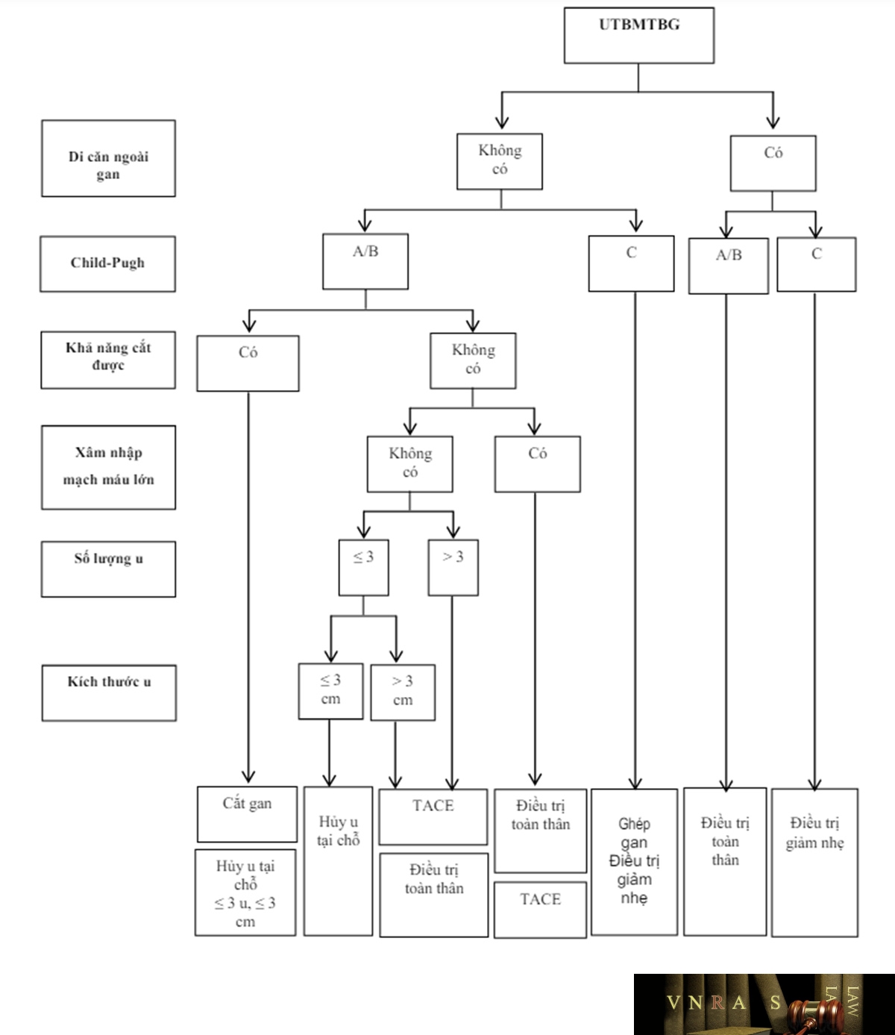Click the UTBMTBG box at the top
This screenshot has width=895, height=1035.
tap(638, 35)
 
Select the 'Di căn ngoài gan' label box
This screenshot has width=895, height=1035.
tap(108, 158)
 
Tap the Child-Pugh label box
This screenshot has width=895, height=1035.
tap(107, 264)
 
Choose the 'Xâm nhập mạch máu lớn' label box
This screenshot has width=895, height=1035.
tap(108, 468)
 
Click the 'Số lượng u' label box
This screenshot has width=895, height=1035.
tap(108, 569)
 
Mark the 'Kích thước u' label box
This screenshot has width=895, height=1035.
tap(109, 693)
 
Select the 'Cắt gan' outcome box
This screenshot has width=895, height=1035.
tap(247, 814)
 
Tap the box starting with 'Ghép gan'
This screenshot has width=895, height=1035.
tap(634, 862)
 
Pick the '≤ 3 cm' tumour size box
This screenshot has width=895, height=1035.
tap(330, 692)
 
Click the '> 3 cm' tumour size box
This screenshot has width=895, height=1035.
tap(403, 692)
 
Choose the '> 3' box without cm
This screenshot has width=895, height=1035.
tap(453, 567)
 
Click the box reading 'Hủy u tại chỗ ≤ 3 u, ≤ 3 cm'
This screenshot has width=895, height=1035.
tap(245, 892)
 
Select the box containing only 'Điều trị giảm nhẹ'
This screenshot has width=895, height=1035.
tap(814, 862)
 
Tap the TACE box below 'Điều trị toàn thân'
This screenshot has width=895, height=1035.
tap(540, 910)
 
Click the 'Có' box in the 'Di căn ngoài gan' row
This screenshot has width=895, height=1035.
tap(773, 163)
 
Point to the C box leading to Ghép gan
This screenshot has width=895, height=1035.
tap(631, 263)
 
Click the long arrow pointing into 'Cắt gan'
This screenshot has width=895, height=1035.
tap(248, 587)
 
